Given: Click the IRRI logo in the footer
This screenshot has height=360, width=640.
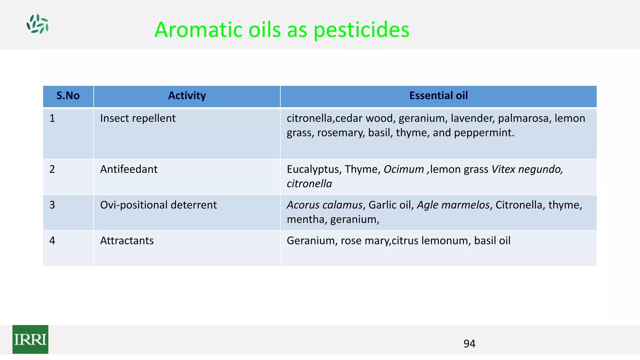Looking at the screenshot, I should [30, 339].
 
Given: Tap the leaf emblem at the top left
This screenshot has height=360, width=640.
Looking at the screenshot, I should [37, 24].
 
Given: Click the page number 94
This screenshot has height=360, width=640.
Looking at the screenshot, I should [469, 344].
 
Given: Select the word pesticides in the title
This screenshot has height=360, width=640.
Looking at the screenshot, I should [361, 30].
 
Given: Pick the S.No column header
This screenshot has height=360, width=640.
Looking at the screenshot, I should [68, 96].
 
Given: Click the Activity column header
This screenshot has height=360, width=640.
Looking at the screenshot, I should [187, 96].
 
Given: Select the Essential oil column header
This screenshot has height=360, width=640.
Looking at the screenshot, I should [438, 96].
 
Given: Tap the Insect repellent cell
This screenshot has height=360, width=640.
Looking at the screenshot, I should [138, 118].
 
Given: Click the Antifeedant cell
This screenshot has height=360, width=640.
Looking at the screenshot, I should [129, 169].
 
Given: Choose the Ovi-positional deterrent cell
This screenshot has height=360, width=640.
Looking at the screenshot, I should [158, 205].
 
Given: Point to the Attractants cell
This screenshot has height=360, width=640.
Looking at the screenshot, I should [127, 241].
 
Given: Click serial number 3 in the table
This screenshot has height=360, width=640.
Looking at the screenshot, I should [52, 205].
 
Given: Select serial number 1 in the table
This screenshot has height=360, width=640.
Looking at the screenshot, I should [52, 118].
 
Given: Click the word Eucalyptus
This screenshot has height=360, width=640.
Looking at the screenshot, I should [313, 169].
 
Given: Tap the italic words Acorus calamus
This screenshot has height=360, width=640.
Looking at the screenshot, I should [325, 205].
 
